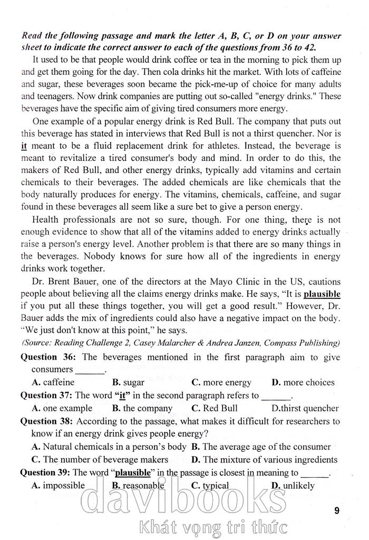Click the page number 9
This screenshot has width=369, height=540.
[x=337, y=510]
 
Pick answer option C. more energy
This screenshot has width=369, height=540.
[x=221, y=382]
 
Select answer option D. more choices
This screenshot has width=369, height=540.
[x=303, y=382]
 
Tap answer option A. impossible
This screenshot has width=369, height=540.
[x=58, y=486]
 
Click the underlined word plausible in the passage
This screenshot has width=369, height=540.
[x=322, y=294]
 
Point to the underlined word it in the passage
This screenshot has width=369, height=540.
[x=24, y=145]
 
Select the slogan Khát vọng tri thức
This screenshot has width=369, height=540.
[x=211, y=526]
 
